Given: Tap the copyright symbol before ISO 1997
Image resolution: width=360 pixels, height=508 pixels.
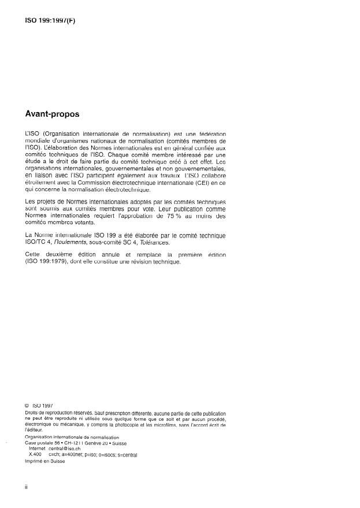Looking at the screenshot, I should tap(27, 406).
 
